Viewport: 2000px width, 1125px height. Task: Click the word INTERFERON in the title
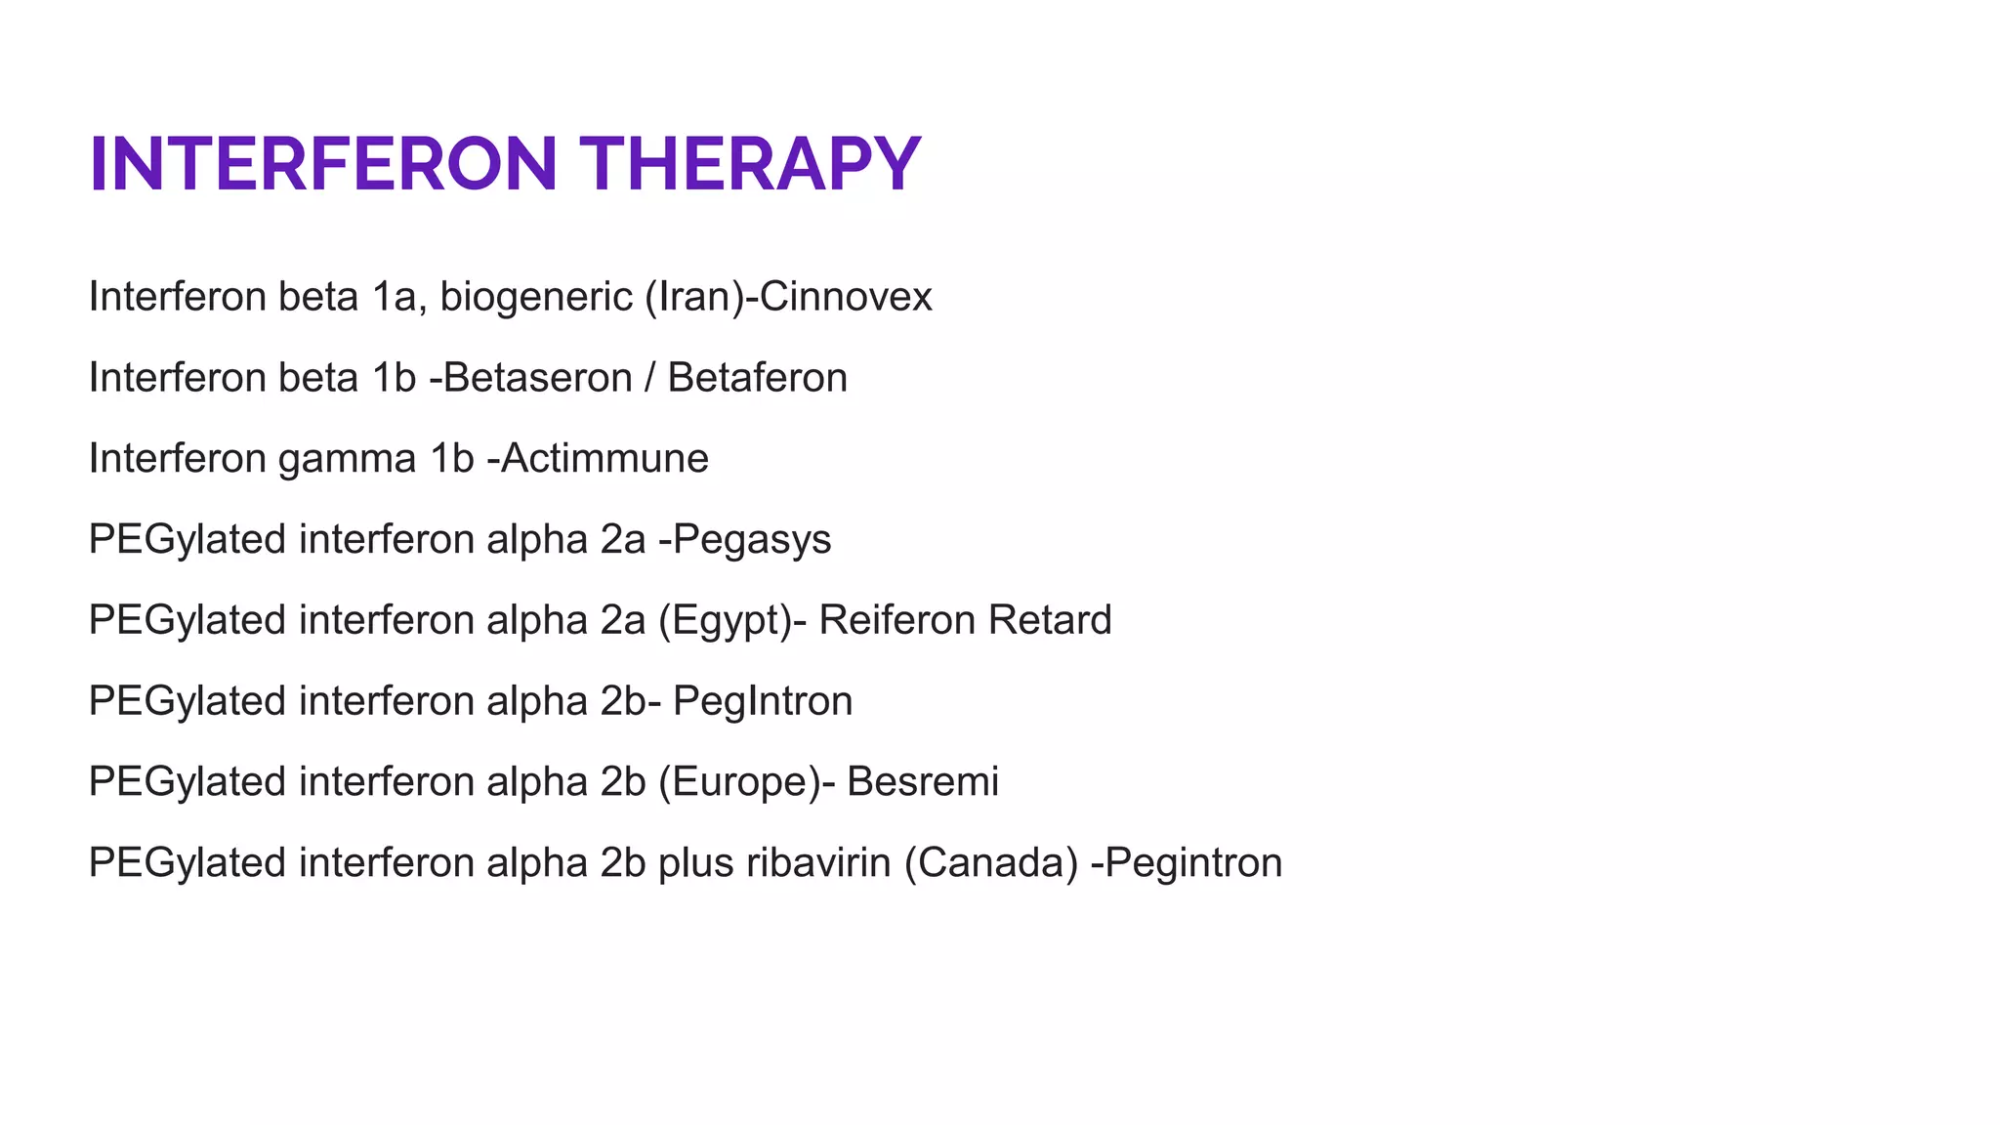pos(323,164)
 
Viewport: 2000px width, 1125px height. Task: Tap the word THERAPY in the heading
pos(750,164)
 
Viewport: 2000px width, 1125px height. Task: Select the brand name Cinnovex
pos(846,297)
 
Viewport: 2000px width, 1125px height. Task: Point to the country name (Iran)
pos(694,297)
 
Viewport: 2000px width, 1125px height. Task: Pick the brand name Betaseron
pos(538,378)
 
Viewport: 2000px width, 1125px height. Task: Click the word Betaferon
pos(757,378)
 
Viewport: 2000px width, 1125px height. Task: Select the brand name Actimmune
pos(605,459)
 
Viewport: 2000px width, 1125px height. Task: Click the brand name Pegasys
pos(752,540)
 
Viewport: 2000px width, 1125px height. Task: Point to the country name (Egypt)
pos(726,621)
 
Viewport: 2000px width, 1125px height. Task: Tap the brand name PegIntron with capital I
pos(763,701)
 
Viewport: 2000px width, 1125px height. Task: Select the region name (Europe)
pos(739,782)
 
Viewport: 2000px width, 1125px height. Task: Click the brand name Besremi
pos(923,782)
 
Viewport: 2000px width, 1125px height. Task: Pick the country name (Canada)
pos(991,863)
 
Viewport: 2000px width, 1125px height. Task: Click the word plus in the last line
pos(695,863)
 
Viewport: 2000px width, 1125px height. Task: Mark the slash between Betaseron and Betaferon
pos(649,378)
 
